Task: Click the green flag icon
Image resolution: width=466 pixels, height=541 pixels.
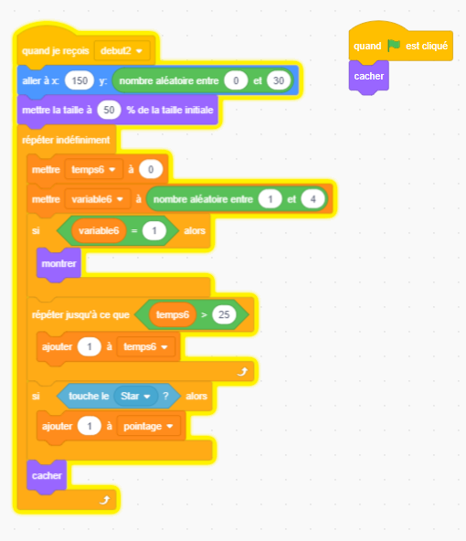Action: [394, 45]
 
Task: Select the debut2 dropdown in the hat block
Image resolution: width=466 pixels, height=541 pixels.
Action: [122, 51]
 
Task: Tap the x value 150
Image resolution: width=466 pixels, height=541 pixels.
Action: [79, 80]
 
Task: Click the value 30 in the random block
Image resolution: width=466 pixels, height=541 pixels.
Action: [279, 80]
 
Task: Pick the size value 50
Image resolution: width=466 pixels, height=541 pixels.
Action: [109, 110]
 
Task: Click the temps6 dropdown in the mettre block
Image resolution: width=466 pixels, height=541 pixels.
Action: [94, 169]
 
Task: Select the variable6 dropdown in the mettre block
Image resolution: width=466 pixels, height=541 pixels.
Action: [98, 199]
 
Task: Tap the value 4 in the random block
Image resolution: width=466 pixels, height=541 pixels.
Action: [312, 199]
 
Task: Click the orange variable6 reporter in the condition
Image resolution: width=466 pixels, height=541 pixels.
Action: [99, 230]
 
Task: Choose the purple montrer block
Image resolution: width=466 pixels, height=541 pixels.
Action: [59, 263]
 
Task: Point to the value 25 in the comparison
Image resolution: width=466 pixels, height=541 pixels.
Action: [224, 314]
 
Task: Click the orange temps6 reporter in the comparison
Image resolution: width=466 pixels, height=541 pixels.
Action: [173, 314]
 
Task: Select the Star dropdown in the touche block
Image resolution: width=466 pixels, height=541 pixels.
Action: [136, 396]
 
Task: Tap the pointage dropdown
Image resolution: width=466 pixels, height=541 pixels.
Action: [148, 426]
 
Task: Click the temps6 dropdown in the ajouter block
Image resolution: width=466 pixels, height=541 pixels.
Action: [145, 346]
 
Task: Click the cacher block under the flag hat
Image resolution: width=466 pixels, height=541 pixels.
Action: [369, 76]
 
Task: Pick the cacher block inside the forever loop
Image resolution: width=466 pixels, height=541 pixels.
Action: [47, 475]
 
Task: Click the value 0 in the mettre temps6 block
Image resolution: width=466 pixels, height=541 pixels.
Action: [151, 169]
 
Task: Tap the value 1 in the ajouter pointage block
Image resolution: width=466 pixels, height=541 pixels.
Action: [90, 426]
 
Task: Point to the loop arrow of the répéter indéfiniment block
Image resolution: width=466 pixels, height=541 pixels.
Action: [104, 500]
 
